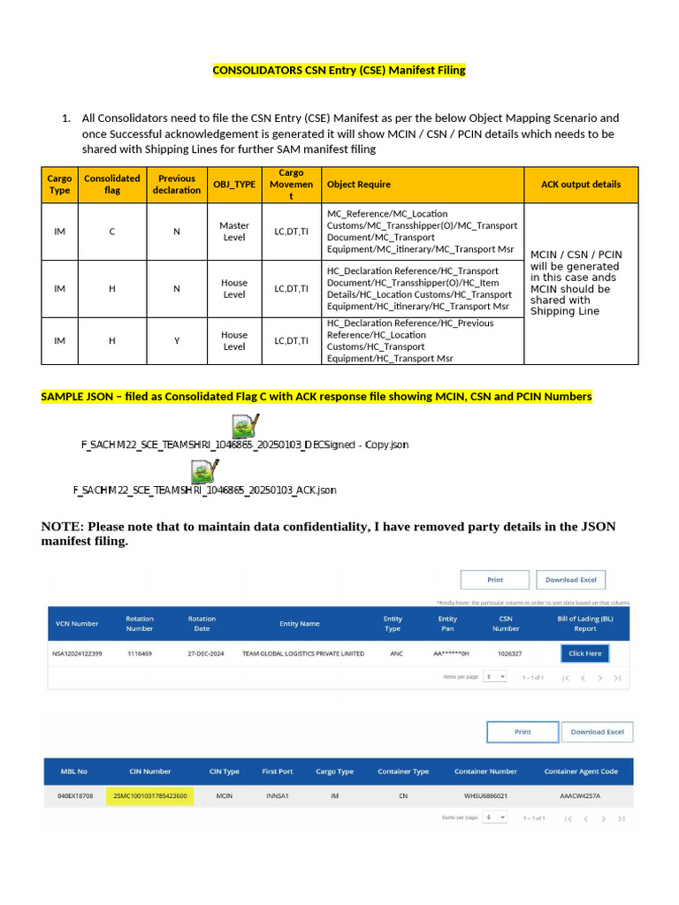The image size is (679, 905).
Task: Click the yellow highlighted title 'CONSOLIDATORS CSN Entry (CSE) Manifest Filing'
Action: tap(339, 70)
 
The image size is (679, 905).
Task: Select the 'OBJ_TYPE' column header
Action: tap(233, 185)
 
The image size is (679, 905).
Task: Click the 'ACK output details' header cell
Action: tap(580, 185)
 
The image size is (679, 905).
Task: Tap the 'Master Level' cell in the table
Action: tap(233, 232)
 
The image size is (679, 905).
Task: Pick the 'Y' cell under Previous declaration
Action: tap(176, 340)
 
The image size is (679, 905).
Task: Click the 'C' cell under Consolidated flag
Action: tap(111, 232)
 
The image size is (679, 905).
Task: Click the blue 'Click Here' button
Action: tap(584, 653)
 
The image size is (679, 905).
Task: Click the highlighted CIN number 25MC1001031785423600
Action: tap(149, 796)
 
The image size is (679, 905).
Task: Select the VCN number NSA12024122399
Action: tap(79, 654)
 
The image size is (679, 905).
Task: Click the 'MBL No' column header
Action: tap(73, 772)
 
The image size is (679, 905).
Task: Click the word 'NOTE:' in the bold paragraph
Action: tap(62, 527)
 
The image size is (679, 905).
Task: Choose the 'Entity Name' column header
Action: tap(299, 624)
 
